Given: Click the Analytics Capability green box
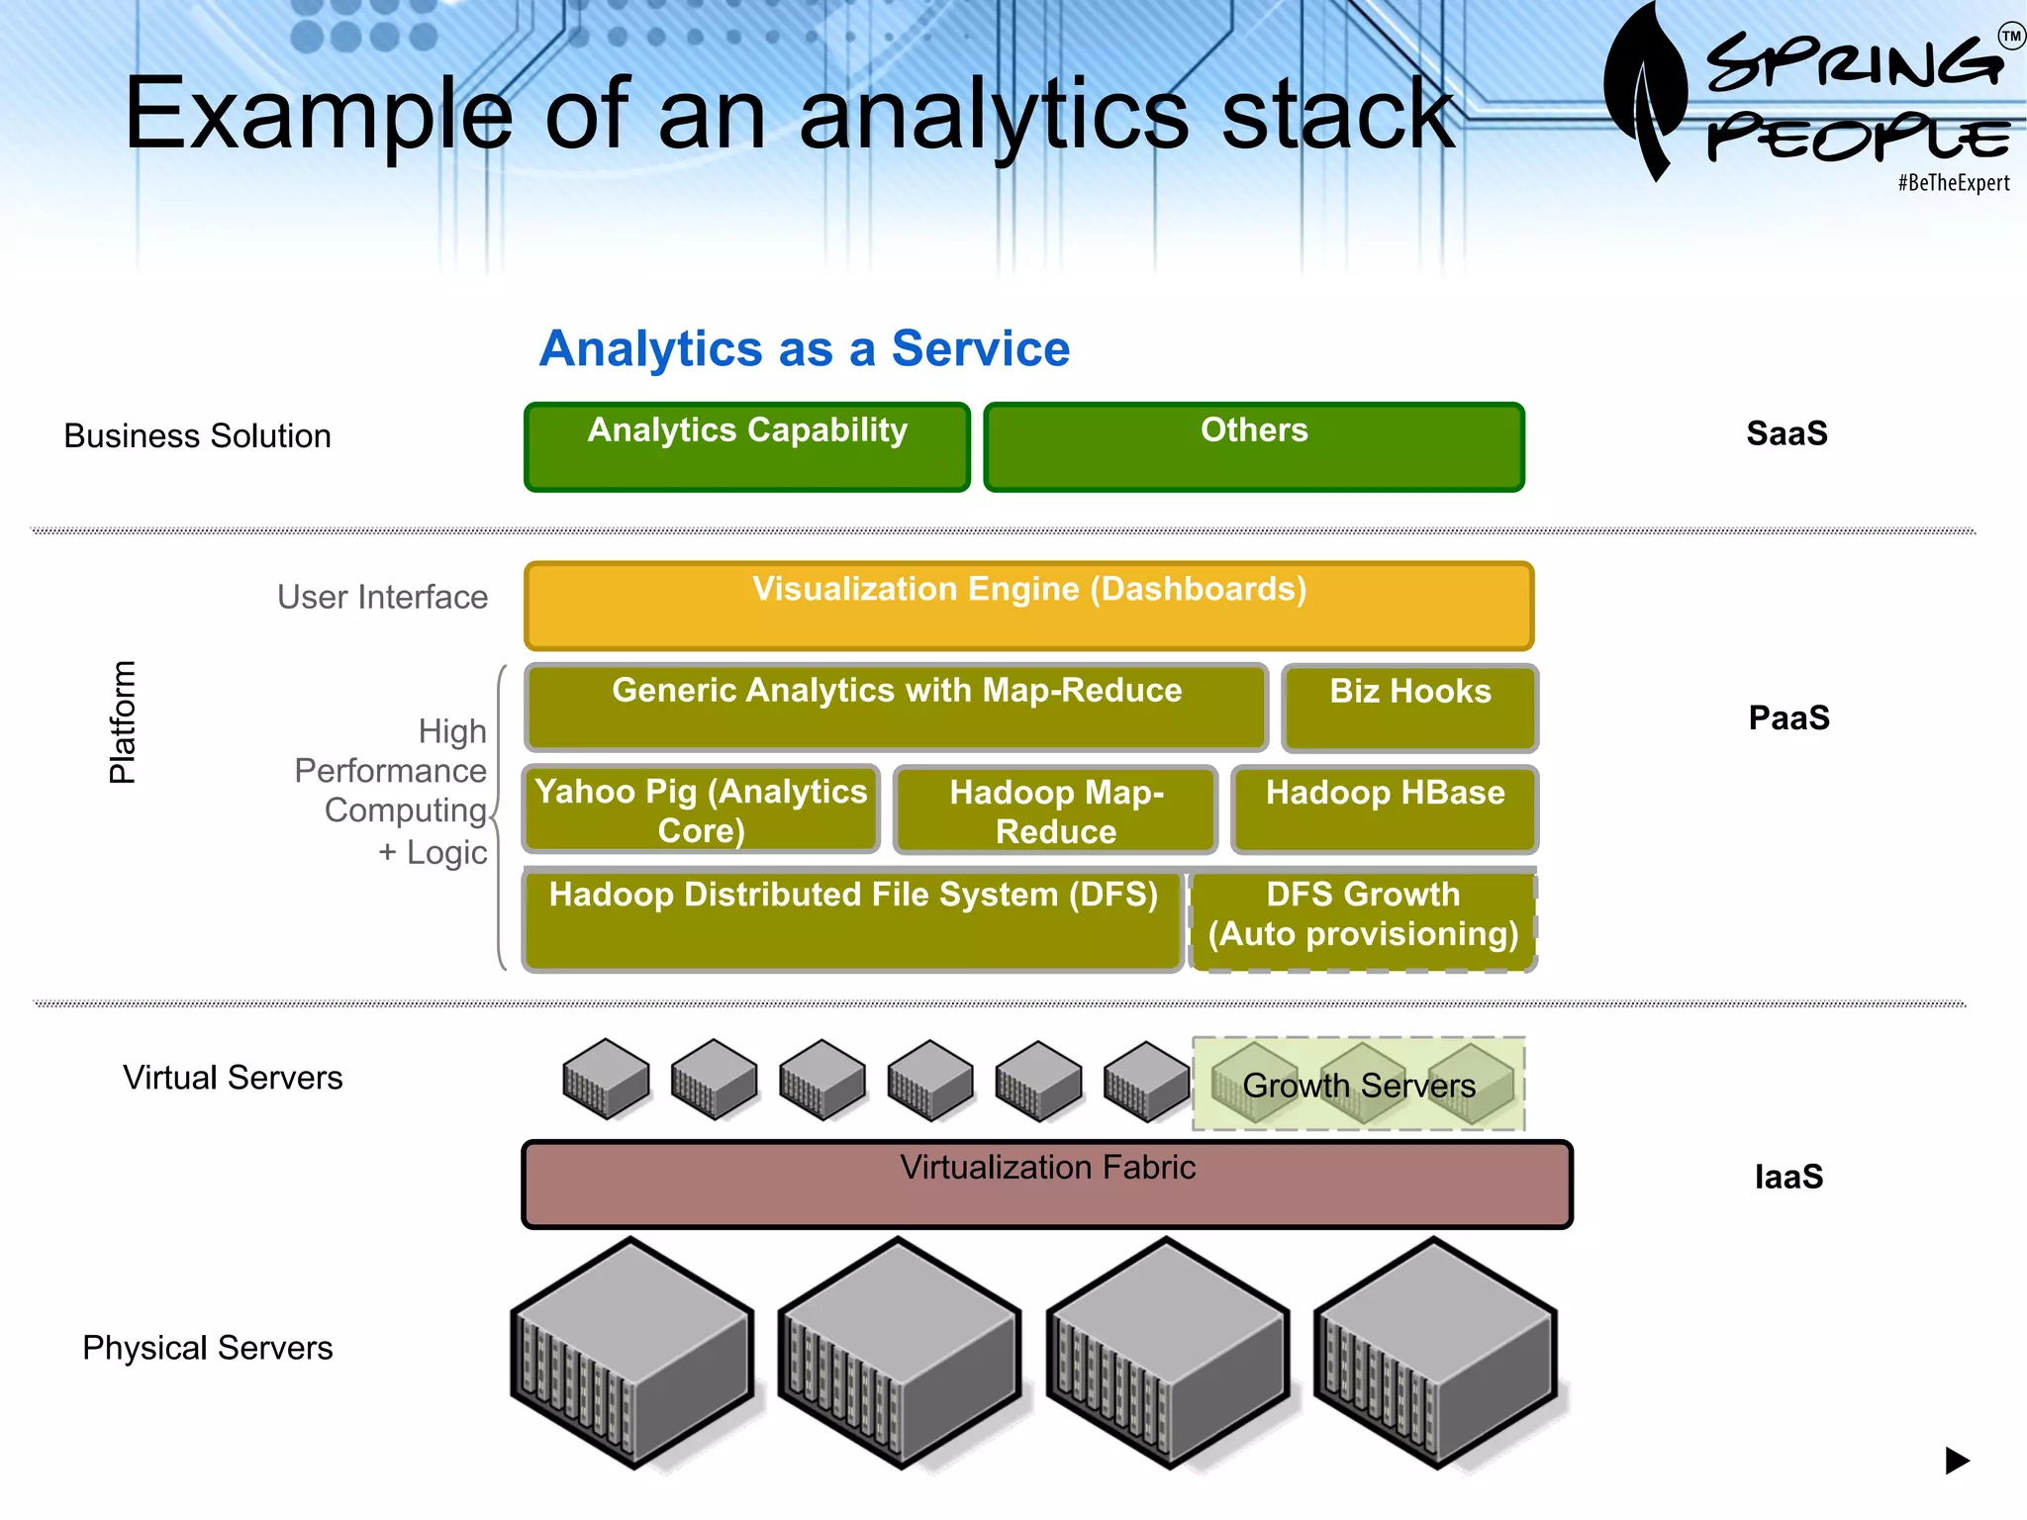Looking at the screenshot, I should (x=747, y=447).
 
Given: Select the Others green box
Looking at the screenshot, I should (x=1254, y=447).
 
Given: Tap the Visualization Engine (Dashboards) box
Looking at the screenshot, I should (x=1028, y=606).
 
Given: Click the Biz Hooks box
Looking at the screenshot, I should (x=1409, y=709).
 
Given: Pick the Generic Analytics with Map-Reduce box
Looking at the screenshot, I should (x=897, y=708).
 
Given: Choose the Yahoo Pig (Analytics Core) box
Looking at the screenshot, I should (x=701, y=809).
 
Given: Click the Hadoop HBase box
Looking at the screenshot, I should (x=1385, y=809).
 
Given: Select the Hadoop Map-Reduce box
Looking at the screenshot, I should (x=1055, y=810).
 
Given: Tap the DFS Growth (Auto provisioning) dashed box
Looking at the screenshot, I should (x=1363, y=920).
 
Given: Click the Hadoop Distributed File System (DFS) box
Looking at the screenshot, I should (x=853, y=920).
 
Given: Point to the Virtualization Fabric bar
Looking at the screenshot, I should (x=1047, y=1185).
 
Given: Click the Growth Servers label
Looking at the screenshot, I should (x=1359, y=1086).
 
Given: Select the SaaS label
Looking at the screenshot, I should (x=1786, y=433).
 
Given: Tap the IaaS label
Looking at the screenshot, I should (x=1788, y=1177).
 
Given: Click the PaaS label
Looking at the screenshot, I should (x=1788, y=717).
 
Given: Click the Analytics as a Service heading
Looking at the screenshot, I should (x=805, y=348).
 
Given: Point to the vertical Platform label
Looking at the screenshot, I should (x=122, y=722).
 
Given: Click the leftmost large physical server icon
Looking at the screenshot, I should (x=631, y=1353).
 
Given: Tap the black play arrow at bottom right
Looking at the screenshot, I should (x=1957, y=1460).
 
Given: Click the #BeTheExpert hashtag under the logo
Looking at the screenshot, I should (x=1953, y=183).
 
